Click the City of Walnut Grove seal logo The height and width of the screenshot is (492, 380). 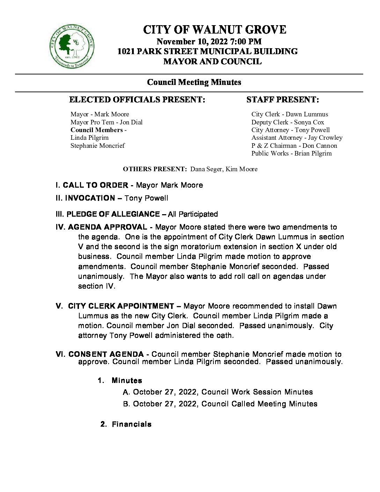[72, 46]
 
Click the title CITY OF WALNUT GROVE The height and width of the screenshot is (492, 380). [214, 30]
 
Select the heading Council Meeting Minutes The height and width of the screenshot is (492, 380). [194, 82]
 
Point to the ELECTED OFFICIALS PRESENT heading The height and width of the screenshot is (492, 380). [137, 100]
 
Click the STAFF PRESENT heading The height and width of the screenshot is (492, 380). [283, 100]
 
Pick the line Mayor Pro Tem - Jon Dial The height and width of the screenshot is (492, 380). [107, 122]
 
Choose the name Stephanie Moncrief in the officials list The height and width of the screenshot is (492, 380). [97, 146]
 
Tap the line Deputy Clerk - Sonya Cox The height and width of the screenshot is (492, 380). [287, 122]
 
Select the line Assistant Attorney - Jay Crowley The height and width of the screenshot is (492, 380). [297, 138]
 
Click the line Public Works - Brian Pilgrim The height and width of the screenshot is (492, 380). [291, 153]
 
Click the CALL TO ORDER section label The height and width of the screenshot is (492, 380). [95, 185]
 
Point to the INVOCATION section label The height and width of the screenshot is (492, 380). [90, 198]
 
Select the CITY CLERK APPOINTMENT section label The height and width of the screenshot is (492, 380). [121, 306]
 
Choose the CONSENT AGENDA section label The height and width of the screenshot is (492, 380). [106, 354]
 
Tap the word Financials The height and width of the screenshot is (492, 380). [131, 424]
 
